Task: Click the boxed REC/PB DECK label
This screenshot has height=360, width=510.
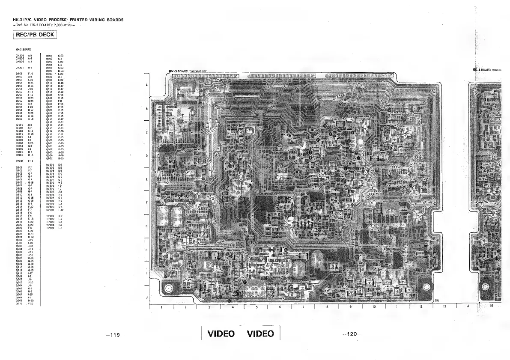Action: [x=36, y=35]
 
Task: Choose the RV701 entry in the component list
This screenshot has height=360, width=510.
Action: [x=51, y=210]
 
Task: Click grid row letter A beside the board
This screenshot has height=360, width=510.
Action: [x=147, y=85]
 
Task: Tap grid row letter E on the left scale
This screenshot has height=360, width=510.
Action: [x=147, y=179]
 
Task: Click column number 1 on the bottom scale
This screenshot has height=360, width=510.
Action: [x=161, y=306]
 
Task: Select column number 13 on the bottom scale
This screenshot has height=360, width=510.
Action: [x=445, y=306]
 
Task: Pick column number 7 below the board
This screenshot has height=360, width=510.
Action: [x=303, y=306]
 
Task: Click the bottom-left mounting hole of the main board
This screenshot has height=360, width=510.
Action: [x=169, y=289]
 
